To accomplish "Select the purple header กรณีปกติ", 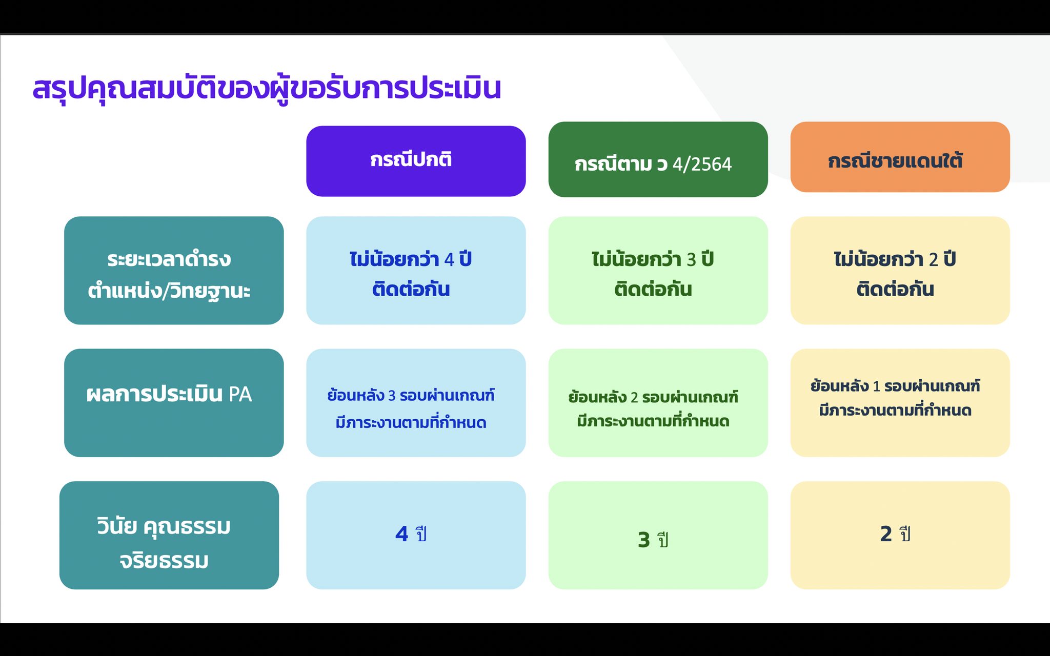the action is [416, 161].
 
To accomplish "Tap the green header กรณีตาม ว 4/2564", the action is [658, 159].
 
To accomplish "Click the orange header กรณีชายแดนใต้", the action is [900, 157].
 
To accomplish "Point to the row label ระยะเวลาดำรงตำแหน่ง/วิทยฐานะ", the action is [174, 270].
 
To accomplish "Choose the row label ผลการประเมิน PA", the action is [174, 403].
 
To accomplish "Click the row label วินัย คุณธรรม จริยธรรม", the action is [169, 535].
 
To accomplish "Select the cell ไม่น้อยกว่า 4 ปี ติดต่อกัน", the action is [416, 270].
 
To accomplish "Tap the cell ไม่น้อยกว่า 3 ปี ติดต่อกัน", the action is [658, 270].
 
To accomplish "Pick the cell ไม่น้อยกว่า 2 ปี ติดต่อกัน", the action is [900, 270].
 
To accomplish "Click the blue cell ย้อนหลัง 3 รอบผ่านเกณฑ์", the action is [416, 403].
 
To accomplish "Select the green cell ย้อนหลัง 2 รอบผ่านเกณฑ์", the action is [658, 403].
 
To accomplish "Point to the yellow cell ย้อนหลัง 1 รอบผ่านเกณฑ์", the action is [900, 403].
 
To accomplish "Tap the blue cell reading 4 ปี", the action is [416, 535].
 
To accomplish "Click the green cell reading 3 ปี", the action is [658, 535].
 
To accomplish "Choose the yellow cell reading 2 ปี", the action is [900, 535].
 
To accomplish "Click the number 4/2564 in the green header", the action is [702, 165].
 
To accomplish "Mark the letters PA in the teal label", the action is [240, 395].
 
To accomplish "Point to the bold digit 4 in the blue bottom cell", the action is [401, 534].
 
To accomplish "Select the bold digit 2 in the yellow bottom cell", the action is [886, 534].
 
